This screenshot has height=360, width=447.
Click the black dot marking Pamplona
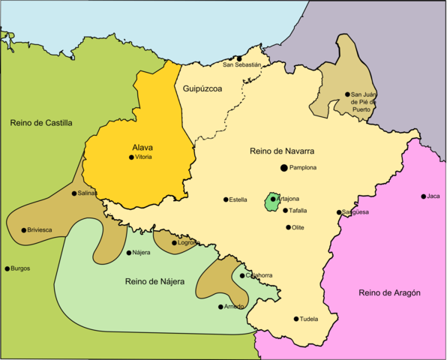tap(283, 168)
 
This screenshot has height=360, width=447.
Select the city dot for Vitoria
tap(131, 157)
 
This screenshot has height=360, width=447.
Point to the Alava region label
tap(142, 148)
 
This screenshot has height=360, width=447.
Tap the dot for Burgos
tap(7, 268)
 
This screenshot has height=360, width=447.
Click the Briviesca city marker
tap(24, 230)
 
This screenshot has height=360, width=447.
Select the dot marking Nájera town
tap(129, 253)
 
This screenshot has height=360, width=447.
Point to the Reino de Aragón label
tap(389, 292)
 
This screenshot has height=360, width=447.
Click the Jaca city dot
tap(423, 196)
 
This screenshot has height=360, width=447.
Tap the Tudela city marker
tap(296, 319)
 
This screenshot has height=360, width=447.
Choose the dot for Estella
tap(226, 199)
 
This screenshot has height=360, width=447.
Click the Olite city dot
tap(288, 227)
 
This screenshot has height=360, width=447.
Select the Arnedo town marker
tap(220, 306)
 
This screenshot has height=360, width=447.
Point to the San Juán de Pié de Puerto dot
tap(347, 94)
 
